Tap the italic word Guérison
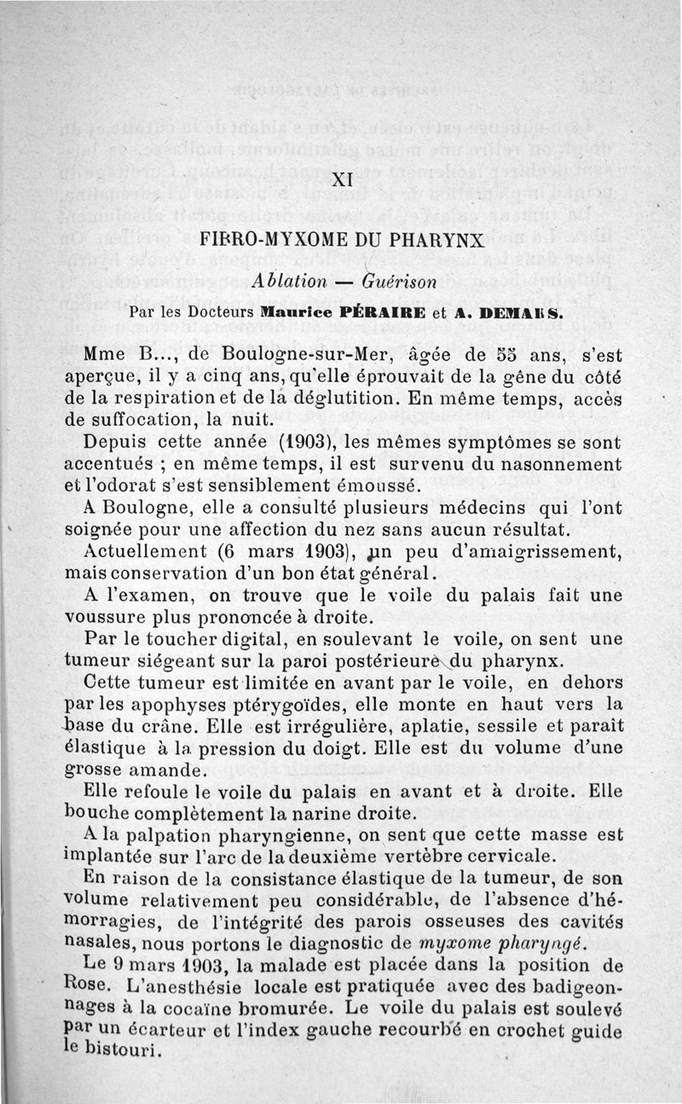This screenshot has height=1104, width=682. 399,280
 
